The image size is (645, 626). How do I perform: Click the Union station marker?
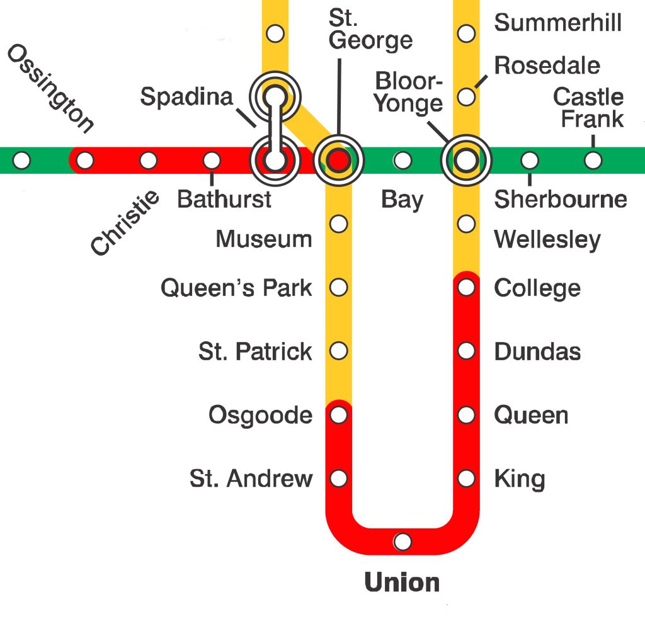402,542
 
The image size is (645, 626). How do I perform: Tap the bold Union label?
402,583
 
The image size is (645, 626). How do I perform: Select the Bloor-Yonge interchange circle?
466,161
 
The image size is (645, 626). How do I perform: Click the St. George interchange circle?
339,161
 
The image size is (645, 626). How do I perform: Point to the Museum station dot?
339,224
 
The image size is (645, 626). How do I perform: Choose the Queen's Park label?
236,288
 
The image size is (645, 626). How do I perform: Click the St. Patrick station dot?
339,351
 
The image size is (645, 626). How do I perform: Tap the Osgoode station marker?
339,415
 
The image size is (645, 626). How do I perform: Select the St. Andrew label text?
251,479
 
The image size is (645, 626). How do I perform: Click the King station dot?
466,479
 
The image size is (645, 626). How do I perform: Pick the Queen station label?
531,416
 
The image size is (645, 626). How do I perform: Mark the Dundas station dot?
466,351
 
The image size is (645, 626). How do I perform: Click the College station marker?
466,288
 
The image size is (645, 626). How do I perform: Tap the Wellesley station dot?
466,224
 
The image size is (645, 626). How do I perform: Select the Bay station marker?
402,161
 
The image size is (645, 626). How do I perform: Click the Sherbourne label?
561,200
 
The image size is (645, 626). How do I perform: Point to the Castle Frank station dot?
592,161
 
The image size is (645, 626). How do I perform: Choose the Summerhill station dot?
466,33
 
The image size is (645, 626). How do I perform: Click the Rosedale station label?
547,65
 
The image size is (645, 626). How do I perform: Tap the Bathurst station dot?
212,161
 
